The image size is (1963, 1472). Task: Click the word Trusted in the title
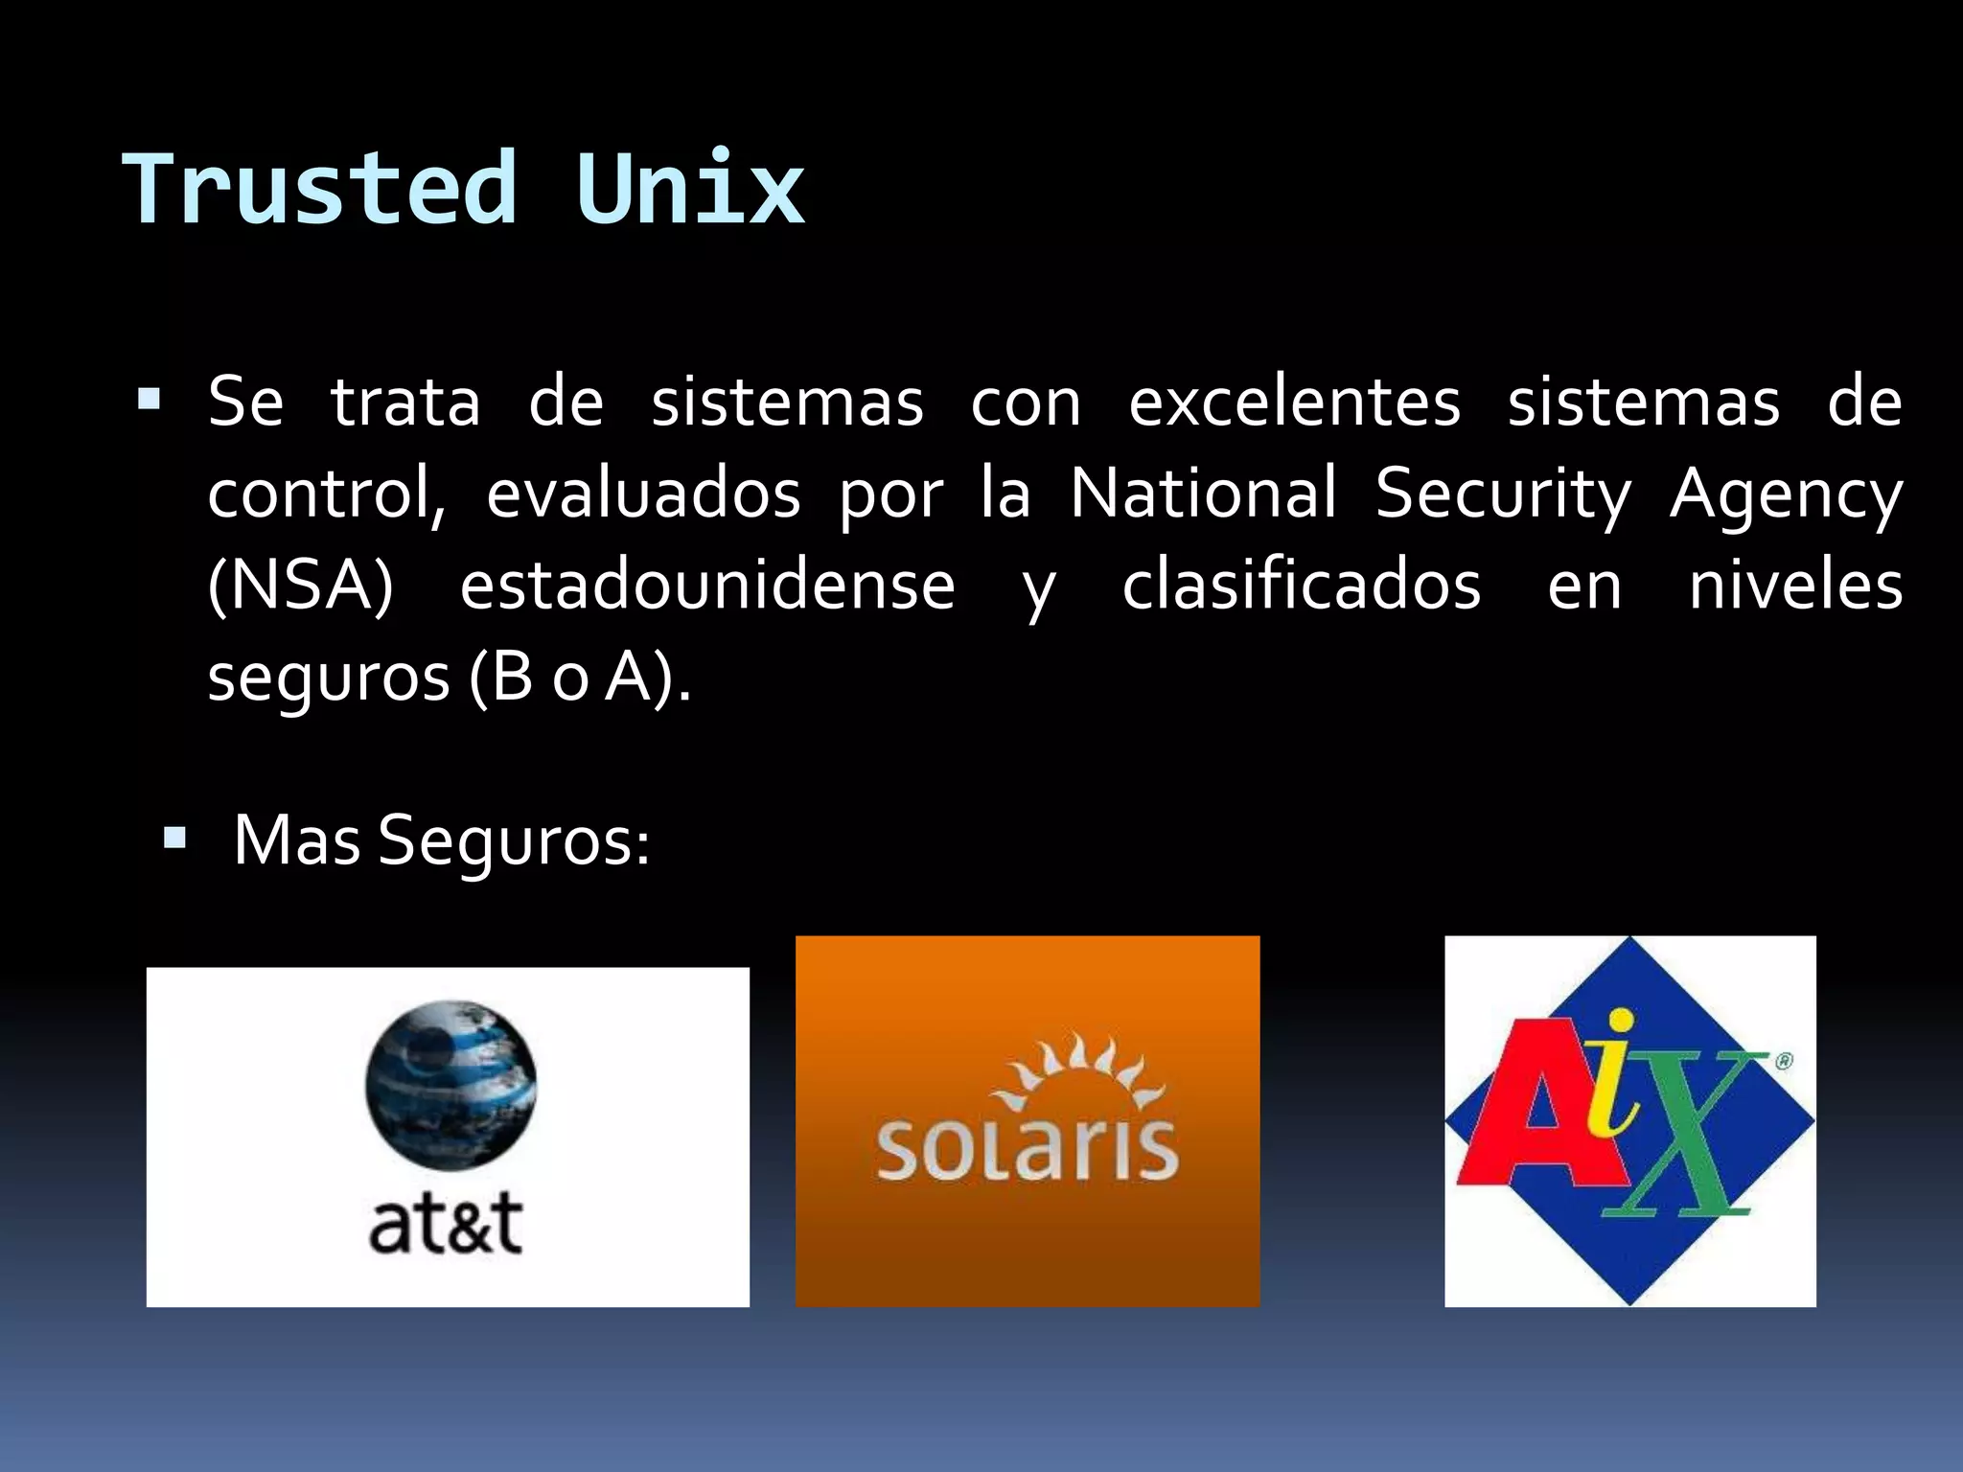coord(320,189)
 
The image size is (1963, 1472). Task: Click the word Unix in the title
coord(690,189)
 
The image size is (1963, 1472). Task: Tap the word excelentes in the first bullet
coord(1294,402)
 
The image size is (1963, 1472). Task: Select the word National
coord(1203,494)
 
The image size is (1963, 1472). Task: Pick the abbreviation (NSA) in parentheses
coord(300,586)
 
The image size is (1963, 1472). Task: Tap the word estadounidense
coord(707,586)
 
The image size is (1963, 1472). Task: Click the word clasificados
coord(1301,586)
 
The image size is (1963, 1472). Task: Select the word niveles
coord(1794,586)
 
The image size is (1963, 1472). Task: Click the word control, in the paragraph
coord(327,494)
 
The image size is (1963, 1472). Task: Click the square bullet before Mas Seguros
coord(174,839)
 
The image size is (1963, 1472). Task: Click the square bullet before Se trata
coord(149,399)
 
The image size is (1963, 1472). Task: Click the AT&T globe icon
coord(450,1084)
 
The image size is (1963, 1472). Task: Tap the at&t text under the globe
coord(446,1224)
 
